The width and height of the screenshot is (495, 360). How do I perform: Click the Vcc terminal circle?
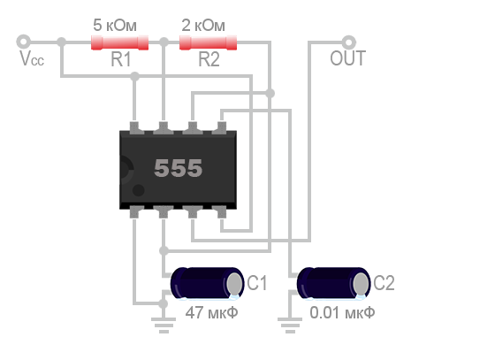23,42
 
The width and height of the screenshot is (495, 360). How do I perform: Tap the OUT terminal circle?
348,42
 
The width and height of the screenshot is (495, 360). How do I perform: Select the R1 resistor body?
119,42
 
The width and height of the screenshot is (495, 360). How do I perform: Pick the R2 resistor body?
208,42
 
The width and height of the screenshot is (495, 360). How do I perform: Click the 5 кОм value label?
115,25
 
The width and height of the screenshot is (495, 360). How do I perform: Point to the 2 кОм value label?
203,25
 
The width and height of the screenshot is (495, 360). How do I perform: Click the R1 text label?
121,59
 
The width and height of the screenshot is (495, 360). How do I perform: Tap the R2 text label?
209,59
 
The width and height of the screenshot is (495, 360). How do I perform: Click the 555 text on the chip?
178,168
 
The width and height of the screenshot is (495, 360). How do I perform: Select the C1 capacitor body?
207,283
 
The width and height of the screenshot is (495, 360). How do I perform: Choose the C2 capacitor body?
333,283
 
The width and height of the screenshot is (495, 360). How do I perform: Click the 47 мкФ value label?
211,312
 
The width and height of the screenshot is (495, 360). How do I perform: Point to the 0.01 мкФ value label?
342,312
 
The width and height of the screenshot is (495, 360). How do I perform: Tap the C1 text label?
257,283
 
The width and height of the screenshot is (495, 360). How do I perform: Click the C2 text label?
384,283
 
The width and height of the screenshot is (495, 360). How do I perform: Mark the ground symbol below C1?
164,326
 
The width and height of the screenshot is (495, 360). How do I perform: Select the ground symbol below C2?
290,326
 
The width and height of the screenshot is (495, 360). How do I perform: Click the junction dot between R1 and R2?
164,42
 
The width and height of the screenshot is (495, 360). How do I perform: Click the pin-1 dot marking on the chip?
138,190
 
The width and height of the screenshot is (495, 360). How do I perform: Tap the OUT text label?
348,58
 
